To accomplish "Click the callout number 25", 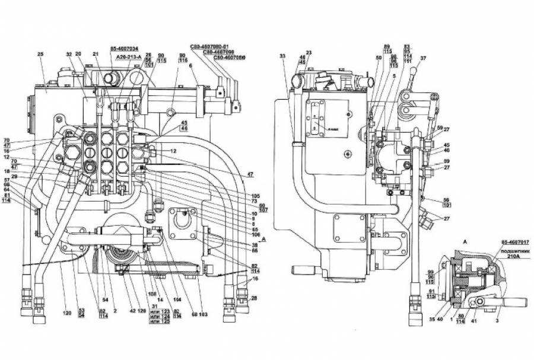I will (x=40, y=55).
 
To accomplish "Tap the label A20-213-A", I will (x=125, y=57).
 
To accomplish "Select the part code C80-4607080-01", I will (x=213, y=46).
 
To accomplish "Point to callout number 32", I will (x=69, y=55).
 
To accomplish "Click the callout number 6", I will (x=190, y=66).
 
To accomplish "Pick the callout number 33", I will (x=282, y=56).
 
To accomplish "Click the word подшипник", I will (x=514, y=250).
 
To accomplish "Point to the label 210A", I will (x=514, y=257).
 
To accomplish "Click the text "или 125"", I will (x=160, y=321).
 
